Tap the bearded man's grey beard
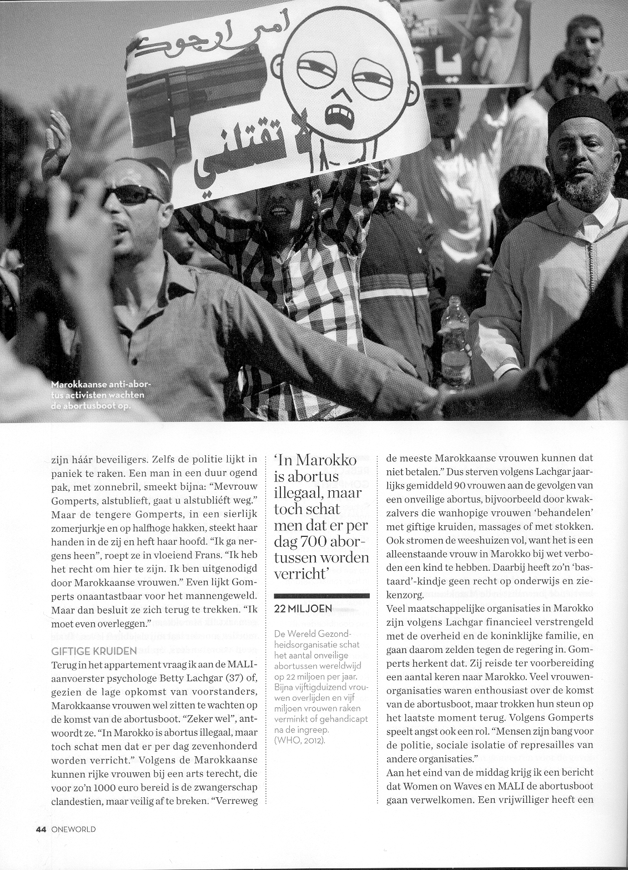586,189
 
